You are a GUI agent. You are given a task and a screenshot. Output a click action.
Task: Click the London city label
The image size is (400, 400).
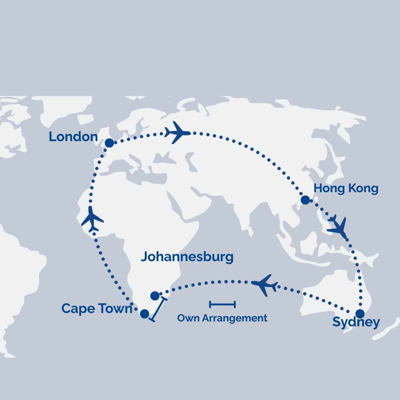(73, 137)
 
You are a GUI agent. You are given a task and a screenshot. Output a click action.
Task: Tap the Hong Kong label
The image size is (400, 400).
(346, 189)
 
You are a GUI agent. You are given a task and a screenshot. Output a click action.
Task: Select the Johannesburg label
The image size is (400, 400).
(187, 257)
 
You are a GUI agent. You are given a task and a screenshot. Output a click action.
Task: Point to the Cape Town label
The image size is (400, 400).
(97, 309)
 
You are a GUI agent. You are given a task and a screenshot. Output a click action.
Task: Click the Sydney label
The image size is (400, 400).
(356, 322)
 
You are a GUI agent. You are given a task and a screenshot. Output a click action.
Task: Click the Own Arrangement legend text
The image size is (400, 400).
(222, 318)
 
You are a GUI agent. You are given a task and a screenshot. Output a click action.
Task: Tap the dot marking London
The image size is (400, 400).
(109, 143)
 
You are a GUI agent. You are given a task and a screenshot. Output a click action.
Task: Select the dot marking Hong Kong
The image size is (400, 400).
(305, 200)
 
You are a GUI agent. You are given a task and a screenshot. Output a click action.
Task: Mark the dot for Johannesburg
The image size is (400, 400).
(155, 296)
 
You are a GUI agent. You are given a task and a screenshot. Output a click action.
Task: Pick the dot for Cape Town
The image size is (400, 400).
(144, 314)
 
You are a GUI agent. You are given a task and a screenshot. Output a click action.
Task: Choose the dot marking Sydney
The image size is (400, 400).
(360, 314)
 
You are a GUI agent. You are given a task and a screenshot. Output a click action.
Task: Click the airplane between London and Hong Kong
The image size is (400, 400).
(177, 132)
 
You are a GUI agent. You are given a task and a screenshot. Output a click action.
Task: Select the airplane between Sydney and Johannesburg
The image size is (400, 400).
(264, 285)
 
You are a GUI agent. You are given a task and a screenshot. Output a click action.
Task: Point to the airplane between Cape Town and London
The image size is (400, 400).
(92, 219)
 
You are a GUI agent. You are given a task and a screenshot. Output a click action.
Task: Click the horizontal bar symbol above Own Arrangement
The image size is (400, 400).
(222, 304)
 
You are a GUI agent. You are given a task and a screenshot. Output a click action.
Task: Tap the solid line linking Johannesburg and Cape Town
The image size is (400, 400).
(159, 309)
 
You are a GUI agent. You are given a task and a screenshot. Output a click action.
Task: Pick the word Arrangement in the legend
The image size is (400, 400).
(234, 318)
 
